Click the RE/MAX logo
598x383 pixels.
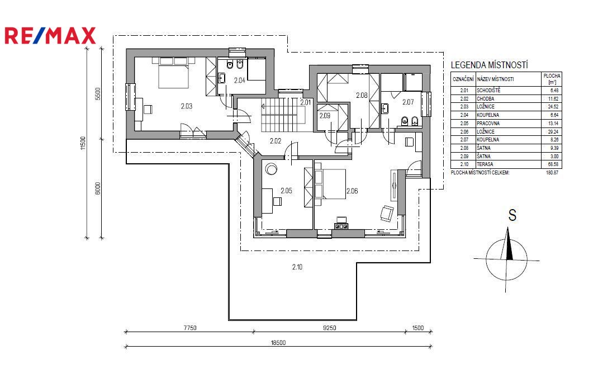point(50,35)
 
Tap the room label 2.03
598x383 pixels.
point(187,106)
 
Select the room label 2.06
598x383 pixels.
point(352,191)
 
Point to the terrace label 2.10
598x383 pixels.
point(297,267)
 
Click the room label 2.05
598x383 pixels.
point(286,191)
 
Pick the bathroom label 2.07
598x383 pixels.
point(407,102)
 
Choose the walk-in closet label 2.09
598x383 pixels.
point(325,116)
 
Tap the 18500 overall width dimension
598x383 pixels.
point(278,343)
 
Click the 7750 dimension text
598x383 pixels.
point(190,328)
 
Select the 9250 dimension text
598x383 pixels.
point(330,328)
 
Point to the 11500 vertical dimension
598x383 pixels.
point(83,144)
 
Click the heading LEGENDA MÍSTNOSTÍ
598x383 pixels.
point(490,65)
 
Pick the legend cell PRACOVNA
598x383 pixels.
point(488,123)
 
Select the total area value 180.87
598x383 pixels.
point(552,173)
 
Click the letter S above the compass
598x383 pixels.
point(512,215)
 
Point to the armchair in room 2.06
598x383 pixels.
point(387,213)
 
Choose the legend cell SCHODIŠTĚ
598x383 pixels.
point(488,91)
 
